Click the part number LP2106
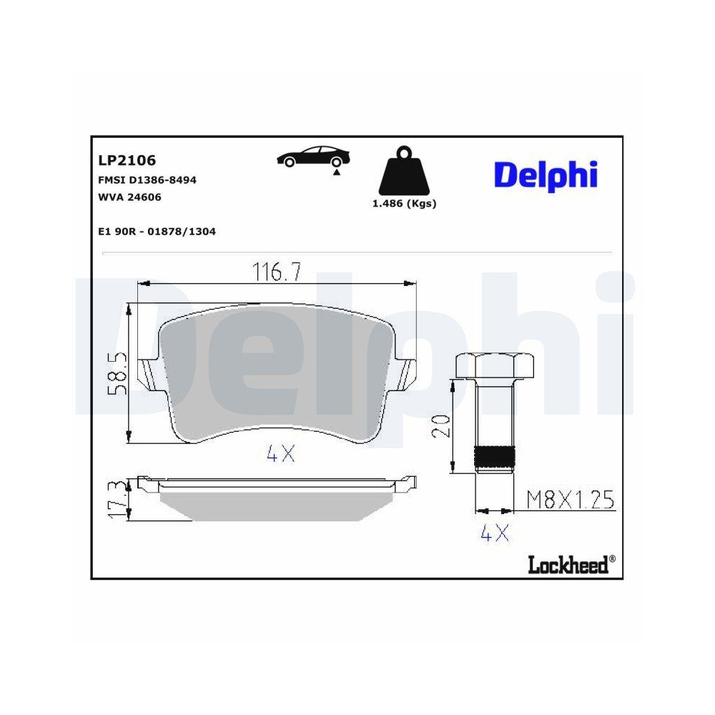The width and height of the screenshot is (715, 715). (126, 160)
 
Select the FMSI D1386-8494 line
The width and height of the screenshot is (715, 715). (147, 180)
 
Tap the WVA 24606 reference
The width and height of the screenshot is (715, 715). (129, 197)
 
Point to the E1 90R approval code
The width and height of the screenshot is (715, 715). (156, 232)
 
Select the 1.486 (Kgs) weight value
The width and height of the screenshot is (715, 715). (404, 203)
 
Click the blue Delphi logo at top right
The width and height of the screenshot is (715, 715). (546, 174)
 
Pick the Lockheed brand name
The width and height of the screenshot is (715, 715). (568, 564)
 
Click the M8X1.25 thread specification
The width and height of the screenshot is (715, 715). (570, 500)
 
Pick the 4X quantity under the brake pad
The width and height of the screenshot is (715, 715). (280, 453)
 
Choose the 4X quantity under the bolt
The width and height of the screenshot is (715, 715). (494, 533)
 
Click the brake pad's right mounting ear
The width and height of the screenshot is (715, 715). (407, 373)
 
